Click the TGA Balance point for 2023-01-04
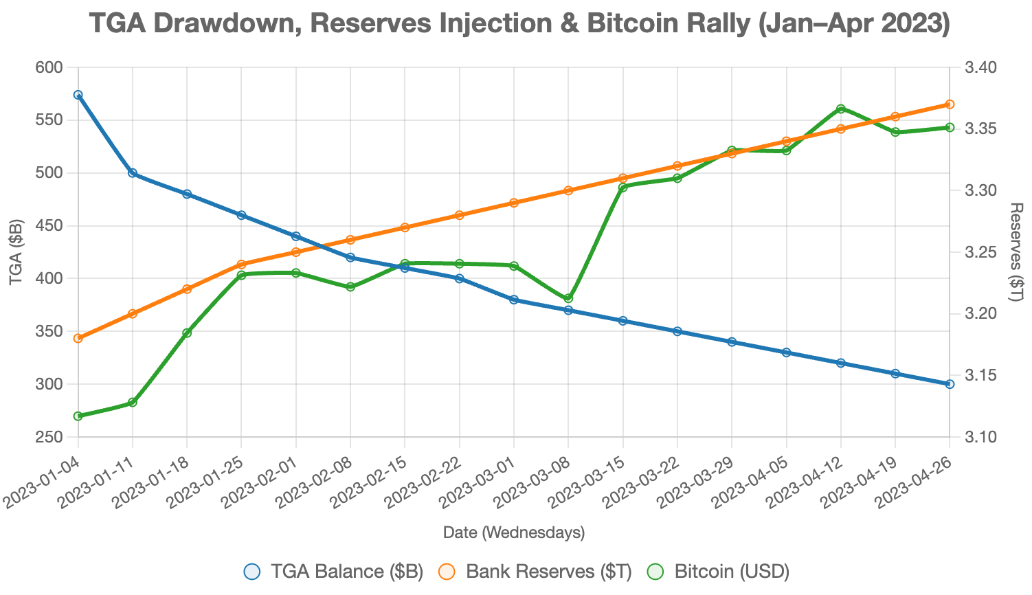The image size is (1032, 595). pos(78,95)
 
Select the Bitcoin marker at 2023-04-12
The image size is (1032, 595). pos(841,109)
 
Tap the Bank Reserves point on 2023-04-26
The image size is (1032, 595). pos(950,104)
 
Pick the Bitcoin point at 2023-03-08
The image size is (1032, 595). pos(568,298)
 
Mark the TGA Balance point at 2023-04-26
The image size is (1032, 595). pos(950,384)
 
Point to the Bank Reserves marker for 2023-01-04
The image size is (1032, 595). pos(78,338)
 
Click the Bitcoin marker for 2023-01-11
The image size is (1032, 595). pos(133,402)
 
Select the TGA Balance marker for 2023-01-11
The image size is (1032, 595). pos(133,173)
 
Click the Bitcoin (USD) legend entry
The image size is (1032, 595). pos(719,572)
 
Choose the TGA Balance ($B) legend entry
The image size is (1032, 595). pos(334,572)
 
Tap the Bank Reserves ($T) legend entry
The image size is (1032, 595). pos(535,572)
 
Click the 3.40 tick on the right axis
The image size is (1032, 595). pos(978,67)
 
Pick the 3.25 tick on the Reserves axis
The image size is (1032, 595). pos(978,252)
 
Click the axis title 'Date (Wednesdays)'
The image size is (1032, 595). pos(514,532)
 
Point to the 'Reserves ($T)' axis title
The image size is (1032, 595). pos(1017,252)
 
